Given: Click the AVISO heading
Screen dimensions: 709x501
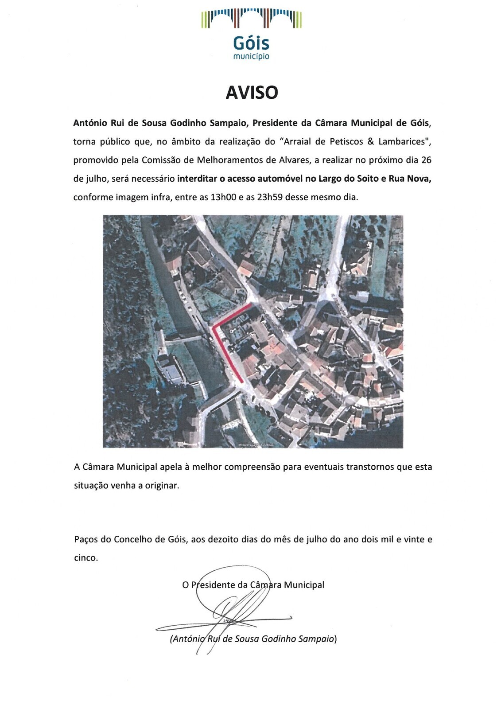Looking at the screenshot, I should click(252, 92).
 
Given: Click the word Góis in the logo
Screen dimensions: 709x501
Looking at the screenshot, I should click(251, 43).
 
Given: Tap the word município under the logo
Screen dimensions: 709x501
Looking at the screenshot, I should click(251, 56).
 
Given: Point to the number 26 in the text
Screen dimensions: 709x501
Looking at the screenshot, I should click(426, 160).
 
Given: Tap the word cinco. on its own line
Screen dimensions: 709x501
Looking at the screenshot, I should click(86, 558).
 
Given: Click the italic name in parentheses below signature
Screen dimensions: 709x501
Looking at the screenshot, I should click(253, 639).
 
